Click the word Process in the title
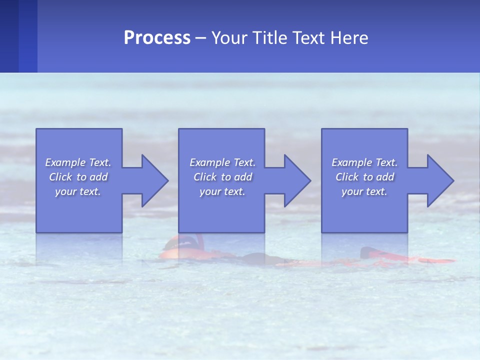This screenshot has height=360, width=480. [157, 38]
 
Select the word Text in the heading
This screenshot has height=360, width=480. [308, 38]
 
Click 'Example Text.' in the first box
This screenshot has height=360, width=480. [78, 162]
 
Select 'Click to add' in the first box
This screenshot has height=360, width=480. [78, 177]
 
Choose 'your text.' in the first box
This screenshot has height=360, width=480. [78, 191]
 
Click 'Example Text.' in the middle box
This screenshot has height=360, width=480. [222, 162]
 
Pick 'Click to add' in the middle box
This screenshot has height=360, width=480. [222, 177]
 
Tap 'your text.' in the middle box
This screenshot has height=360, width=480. [222, 191]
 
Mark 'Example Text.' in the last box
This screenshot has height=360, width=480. [364, 162]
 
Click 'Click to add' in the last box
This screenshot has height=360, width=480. [364, 177]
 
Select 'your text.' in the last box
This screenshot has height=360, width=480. [364, 191]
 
